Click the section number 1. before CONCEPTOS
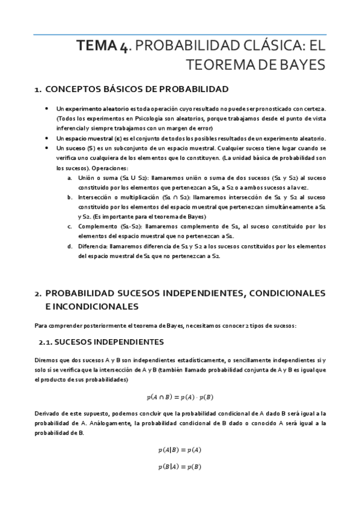coord(38,90)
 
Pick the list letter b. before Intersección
coord(70,197)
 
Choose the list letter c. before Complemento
coord(70,226)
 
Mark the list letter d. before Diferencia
coord(70,246)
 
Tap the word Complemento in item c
coord(99,226)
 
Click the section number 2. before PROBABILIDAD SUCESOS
coord(38,293)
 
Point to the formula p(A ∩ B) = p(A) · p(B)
coord(180,397)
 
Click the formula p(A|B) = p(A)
coord(180,449)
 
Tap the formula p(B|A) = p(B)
coord(180,467)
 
